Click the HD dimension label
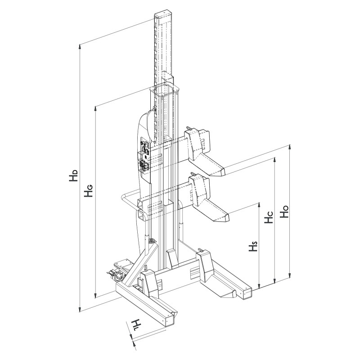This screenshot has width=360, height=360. point(74,175)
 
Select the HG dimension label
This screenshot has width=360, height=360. point(88,190)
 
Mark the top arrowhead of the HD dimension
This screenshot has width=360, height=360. point(80,46)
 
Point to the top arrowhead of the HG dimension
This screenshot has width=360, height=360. point(95,109)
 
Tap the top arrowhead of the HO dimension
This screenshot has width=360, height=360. point(290,147)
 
